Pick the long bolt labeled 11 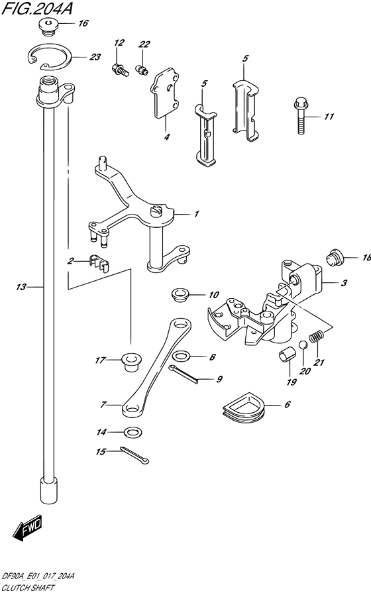point(298,118)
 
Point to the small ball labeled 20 point(303,344)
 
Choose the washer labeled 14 point(132,433)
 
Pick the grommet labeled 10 point(178,294)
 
